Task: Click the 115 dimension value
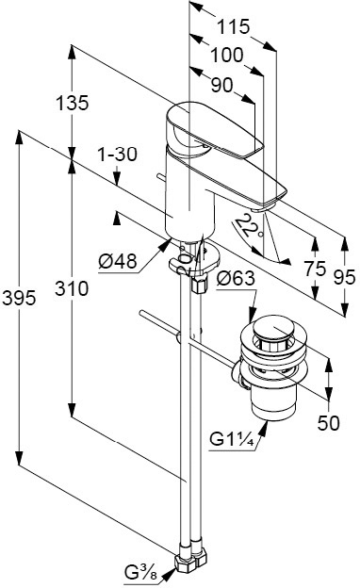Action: [234, 26]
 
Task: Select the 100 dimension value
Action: [226, 55]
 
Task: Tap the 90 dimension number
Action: [222, 86]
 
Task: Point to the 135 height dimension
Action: [73, 103]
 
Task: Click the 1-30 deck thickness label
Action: [118, 155]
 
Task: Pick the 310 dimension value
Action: [72, 288]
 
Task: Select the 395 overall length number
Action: [19, 298]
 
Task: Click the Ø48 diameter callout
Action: [118, 261]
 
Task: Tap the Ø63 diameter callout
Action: [236, 278]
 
